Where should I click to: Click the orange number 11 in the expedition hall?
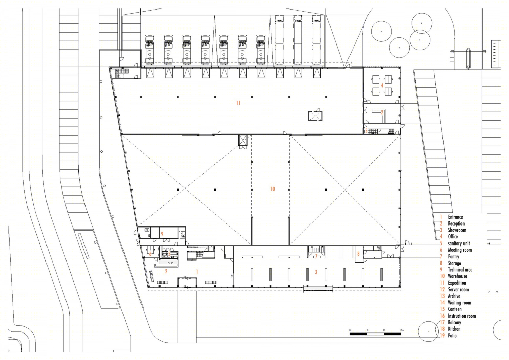(x=238, y=103)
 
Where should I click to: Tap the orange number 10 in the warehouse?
(x=272, y=189)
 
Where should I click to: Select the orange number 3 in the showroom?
(x=316, y=272)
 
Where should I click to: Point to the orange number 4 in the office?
(x=382, y=85)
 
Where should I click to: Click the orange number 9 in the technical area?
(x=162, y=234)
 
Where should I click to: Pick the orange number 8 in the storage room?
(x=358, y=254)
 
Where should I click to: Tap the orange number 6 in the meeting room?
(x=150, y=254)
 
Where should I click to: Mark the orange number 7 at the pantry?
(x=316, y=256)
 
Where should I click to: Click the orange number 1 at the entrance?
(x=197, y=272)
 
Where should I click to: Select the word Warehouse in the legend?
(x=457, y=276)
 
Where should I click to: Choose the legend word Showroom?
(x=457, y=230)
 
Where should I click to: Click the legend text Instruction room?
(x=462, y=316)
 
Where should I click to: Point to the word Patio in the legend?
(x=452, y=335)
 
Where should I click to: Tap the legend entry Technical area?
(x=460, y=269)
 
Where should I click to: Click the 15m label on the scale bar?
(x=402, y=330)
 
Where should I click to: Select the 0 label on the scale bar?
(x=350, y=330)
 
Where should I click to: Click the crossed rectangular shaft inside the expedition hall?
(x=315, y=116)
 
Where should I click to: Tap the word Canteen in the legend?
(x=455, y=309)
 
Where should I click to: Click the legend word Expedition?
(x=457, y=283)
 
